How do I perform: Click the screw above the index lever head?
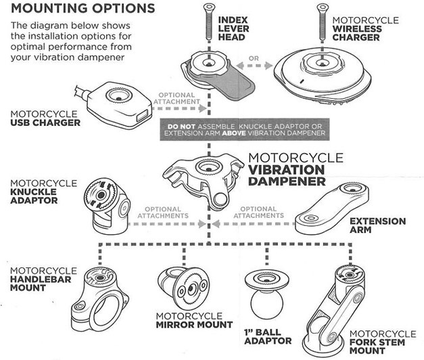tap(206, 26)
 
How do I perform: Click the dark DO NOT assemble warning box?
tap(249, 131)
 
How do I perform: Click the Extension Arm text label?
tap(377, 226)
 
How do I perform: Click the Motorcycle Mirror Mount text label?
tap(185, 320)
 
